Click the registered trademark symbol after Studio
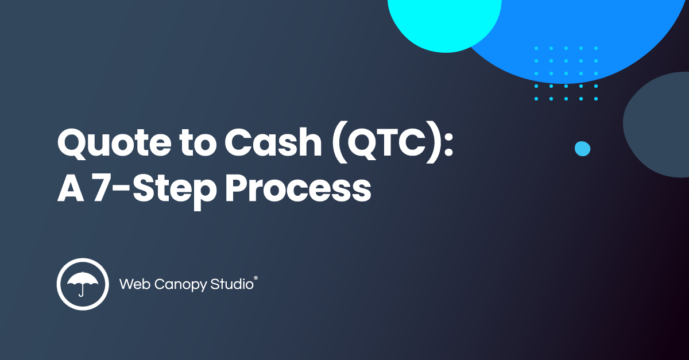256,277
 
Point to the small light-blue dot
582,149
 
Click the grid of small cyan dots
566,73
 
